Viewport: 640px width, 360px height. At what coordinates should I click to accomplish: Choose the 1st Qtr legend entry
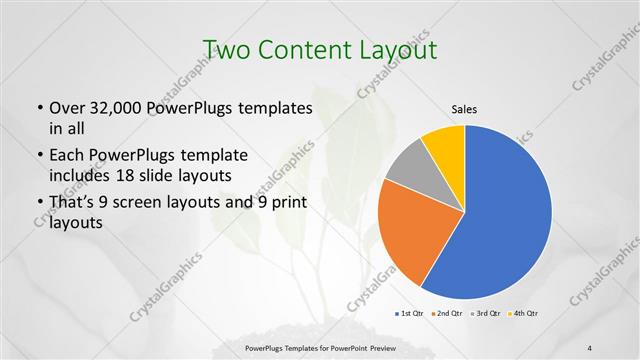pyautogui.click(x=409, y=314)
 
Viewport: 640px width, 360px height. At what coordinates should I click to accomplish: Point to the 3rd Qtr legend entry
pyautogui.click(x=487, y=314)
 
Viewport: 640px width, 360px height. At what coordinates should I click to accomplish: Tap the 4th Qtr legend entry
pyautogui.click(x=526, y=314)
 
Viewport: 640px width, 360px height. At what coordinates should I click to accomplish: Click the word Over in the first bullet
pyautogui.click(x=70, y=109)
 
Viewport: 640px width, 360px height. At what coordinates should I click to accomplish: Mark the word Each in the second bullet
pyautogui.click(x=69, y=156)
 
